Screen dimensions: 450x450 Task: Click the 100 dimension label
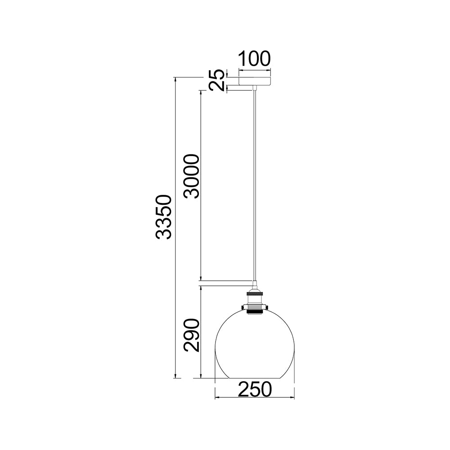tap(254, 59)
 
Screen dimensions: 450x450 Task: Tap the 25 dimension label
tap(217, 80)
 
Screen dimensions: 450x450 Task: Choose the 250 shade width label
tap(255, 390)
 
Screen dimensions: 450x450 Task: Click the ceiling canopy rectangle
tap(255, 81)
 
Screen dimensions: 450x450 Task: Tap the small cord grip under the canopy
tap(255, 87)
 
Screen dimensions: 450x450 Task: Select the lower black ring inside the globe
tap(255, 310)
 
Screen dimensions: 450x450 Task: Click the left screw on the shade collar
tap(243, 307)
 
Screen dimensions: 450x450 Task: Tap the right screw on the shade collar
tap(266, 307)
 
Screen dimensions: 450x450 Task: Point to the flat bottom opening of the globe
tap(255, 378)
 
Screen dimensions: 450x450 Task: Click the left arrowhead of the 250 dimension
tap(217, 398)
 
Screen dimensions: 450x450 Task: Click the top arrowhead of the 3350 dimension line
tap(175, 80)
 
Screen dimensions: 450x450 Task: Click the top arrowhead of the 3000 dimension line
tap(201, 93)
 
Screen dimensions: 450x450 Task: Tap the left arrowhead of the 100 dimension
tap(240, 70)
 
